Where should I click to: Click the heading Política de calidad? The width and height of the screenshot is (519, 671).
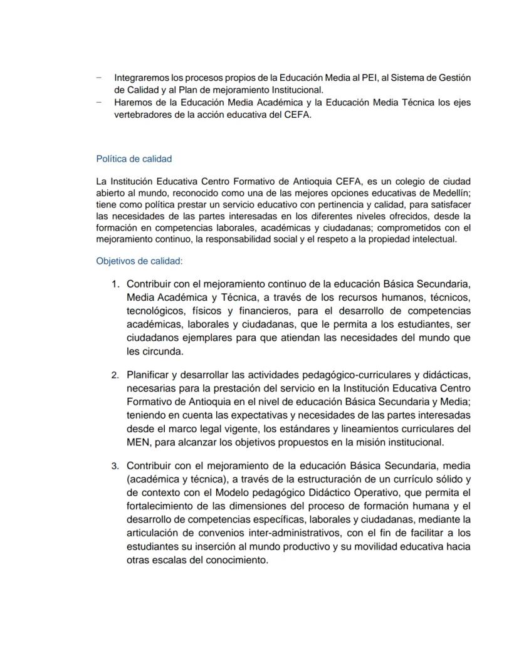134,159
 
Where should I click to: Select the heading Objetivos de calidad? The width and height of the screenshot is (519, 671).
139,261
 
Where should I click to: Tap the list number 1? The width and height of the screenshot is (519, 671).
115,284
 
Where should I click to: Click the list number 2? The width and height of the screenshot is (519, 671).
115,375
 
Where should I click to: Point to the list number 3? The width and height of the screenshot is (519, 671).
115,466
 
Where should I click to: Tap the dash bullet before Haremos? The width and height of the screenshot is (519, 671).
99,101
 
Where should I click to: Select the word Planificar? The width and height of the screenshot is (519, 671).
147,375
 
